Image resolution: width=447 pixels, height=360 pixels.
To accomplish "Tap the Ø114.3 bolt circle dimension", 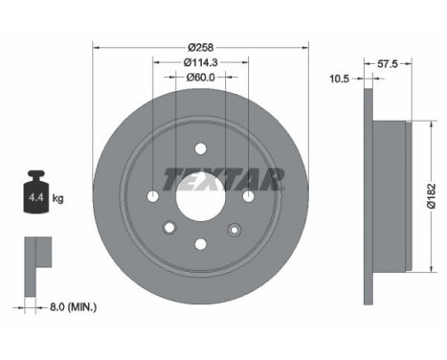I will click(201, 63).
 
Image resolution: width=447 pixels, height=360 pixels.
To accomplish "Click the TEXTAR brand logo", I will click(224, 178).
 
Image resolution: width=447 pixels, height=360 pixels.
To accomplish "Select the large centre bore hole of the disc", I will click(201, 197).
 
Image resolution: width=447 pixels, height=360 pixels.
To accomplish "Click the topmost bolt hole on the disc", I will click(201, 148).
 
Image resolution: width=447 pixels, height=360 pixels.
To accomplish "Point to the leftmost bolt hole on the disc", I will click(154, 196).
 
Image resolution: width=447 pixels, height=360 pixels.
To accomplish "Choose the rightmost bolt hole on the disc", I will click(249, 196).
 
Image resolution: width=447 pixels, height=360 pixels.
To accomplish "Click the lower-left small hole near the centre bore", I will click(168, 229).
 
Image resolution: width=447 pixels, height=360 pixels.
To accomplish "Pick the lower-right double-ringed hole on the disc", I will click(234, 229).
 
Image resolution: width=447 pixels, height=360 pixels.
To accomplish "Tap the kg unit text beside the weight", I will click(58, 198).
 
